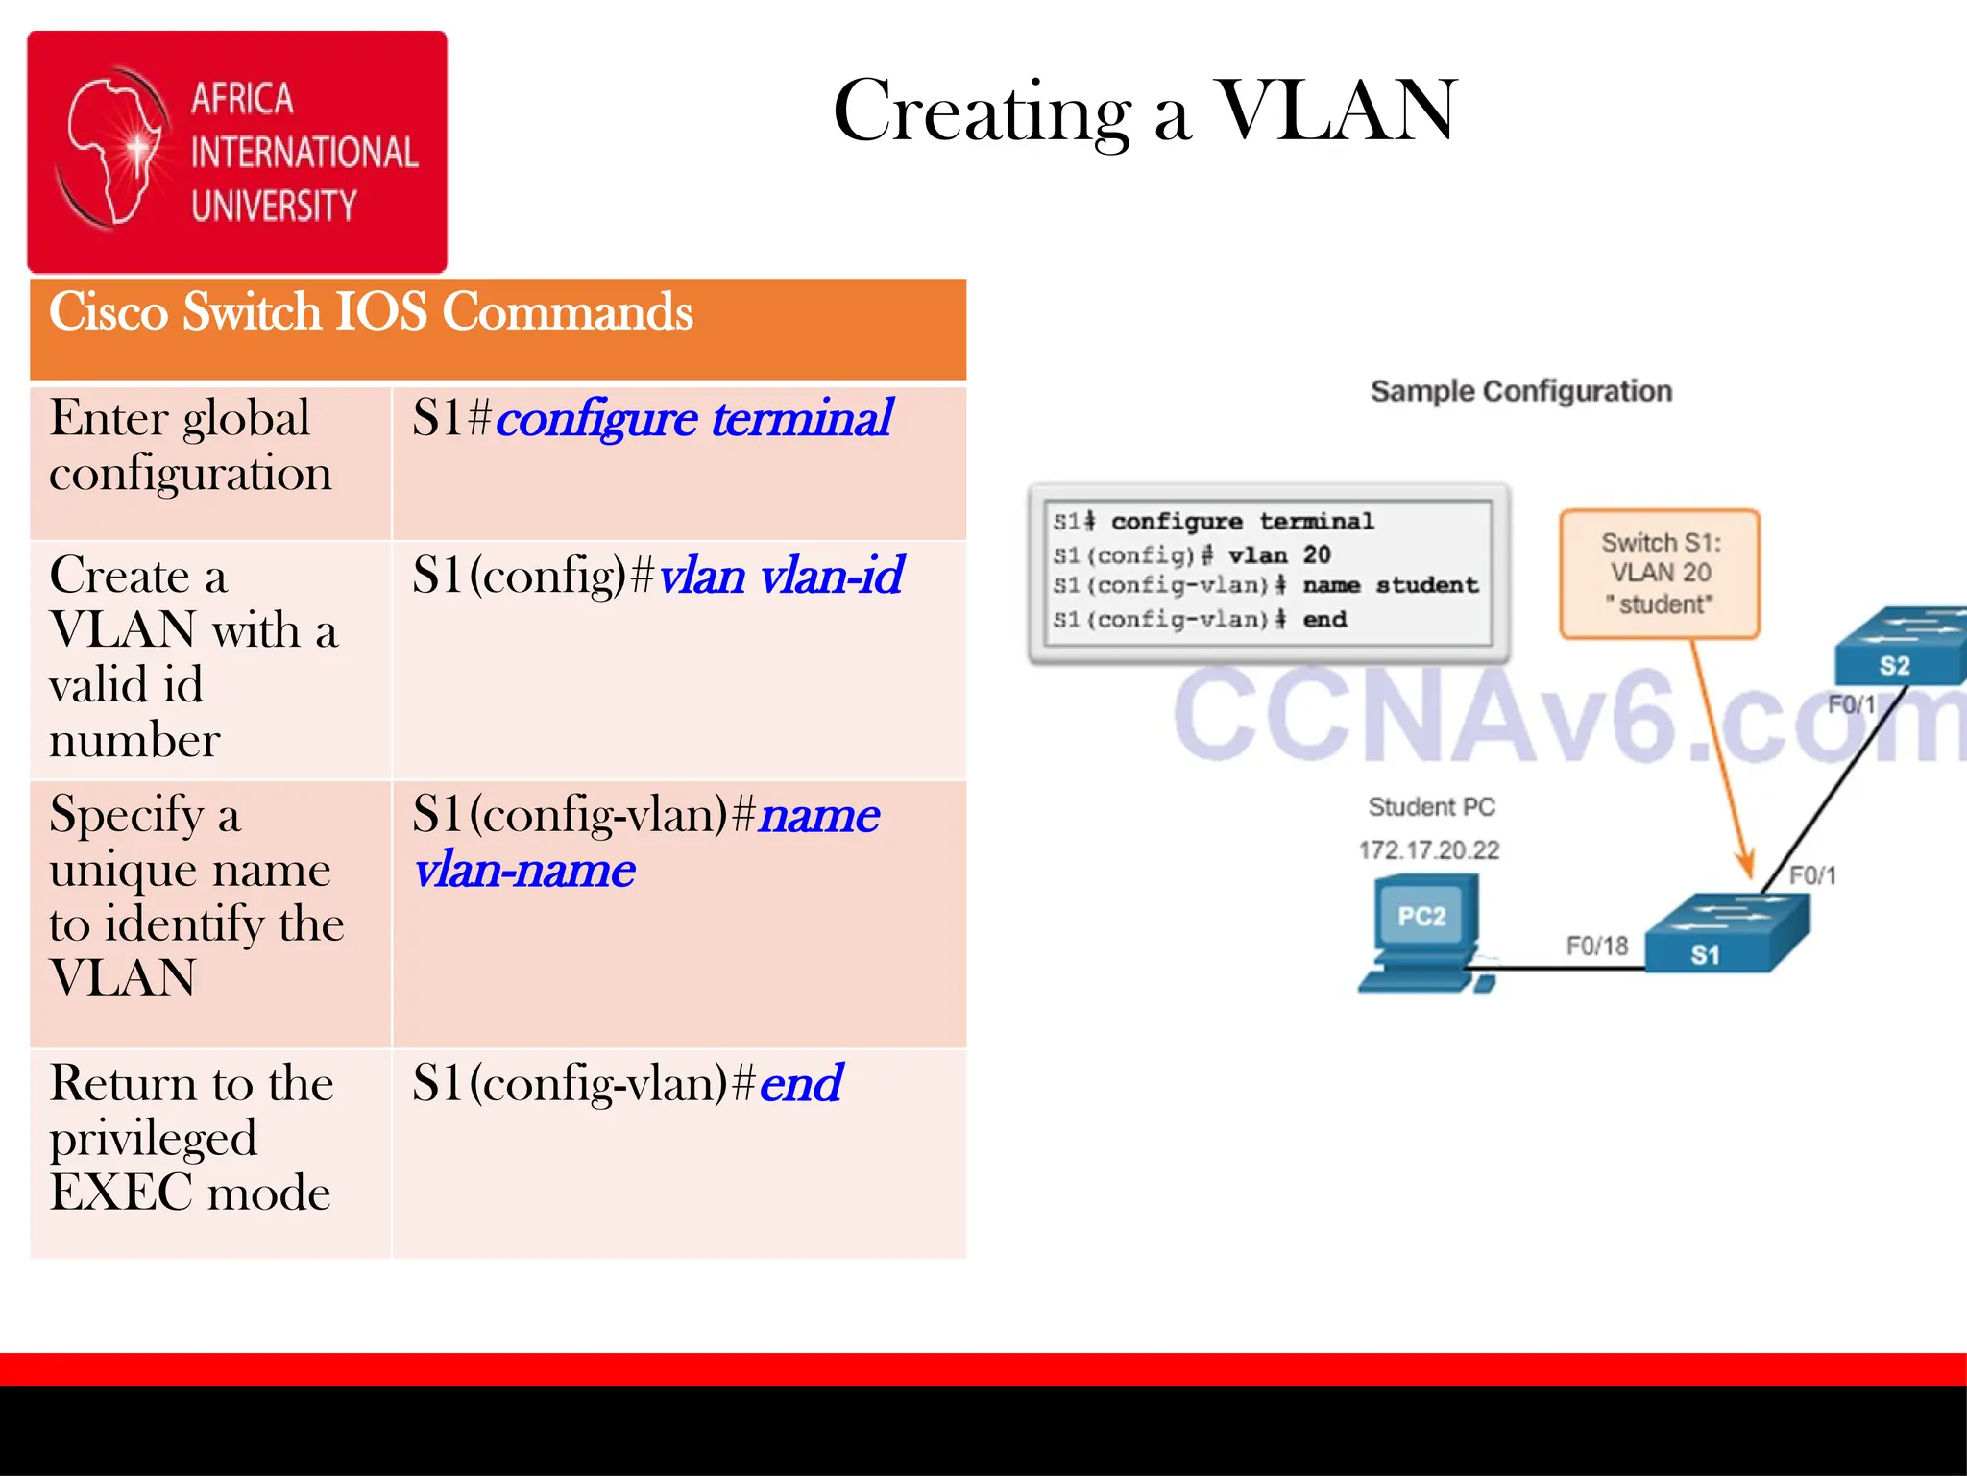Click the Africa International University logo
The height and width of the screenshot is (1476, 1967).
[236, 152]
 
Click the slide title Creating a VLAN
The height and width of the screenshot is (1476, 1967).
[1145, 111]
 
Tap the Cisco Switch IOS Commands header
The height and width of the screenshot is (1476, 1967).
[371, 313]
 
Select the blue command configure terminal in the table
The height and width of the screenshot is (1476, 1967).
[693, 419]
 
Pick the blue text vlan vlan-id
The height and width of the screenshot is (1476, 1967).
[780, 577]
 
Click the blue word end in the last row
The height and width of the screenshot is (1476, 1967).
[800, 1084]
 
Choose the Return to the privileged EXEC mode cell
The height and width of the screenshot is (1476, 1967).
[192, 1138]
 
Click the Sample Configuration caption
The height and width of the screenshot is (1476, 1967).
[1520, 391]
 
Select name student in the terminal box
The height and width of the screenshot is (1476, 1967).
[1389, 585]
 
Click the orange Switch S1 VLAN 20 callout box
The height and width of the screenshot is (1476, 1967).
[1660, 574]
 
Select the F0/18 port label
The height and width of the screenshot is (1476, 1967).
[1596, 946]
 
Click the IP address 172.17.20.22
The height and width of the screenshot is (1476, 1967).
[1428, 849]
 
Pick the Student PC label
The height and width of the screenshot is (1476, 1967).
[1431, 807]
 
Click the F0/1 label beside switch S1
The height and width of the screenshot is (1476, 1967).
[1811, 874]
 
